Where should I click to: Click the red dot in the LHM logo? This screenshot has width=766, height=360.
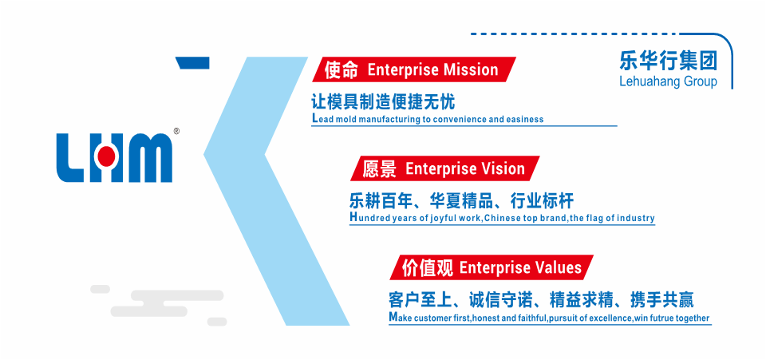pos(106,156)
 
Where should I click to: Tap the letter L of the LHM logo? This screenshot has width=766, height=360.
pos(72,158)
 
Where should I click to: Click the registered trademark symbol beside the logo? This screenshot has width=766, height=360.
pos(176,132)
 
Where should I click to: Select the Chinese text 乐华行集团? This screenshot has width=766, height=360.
pos(668,61)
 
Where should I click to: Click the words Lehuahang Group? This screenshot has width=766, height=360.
pos(668,81)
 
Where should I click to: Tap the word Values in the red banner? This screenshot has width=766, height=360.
pos(559,267)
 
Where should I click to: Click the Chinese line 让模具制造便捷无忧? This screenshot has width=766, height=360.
pos(382,102)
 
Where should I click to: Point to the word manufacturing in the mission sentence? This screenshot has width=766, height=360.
pos(397,119)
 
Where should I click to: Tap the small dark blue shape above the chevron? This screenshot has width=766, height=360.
pos(193,62)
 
